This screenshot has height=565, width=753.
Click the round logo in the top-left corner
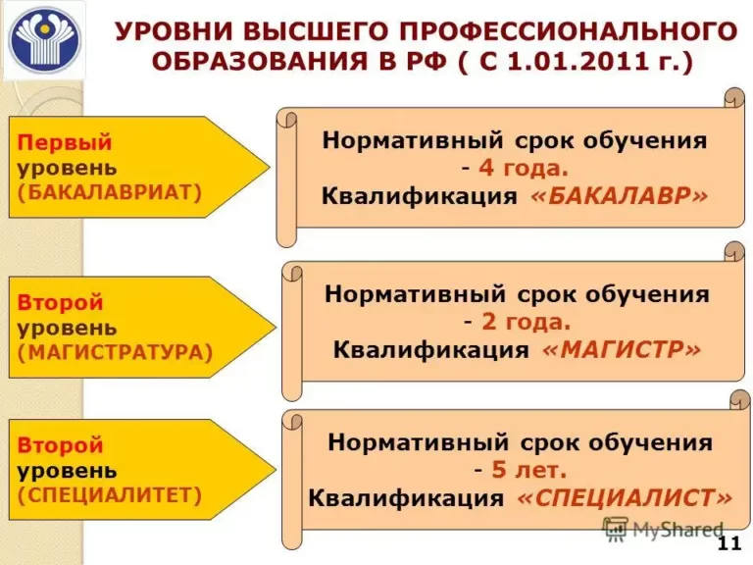coord(43,41)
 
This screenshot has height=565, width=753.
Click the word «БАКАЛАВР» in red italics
coord(618,195)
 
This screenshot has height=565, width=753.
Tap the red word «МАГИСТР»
coord(622,350)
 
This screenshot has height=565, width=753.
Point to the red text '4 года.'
coord(514,168)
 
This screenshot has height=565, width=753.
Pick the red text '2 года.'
coord(518,322)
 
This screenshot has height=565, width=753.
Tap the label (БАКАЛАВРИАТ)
coord(109,192)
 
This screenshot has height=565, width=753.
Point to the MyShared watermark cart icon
coord(615,529)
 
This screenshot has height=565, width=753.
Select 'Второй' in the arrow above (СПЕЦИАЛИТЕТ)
coord(60,446)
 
